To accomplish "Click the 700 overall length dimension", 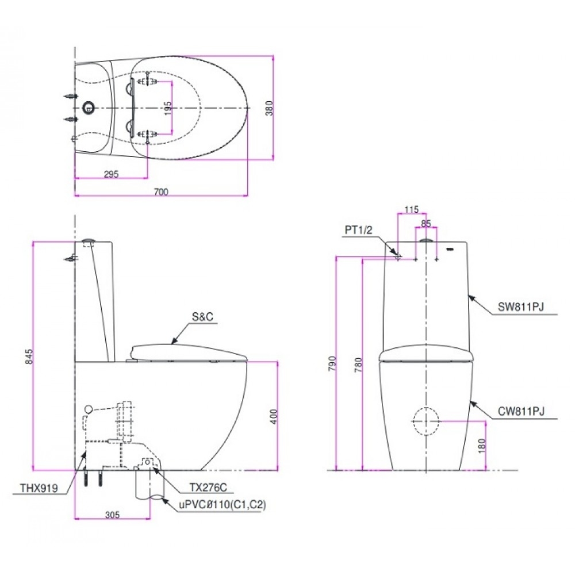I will click(x=161, y=192).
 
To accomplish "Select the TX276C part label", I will click(x=209, y=488).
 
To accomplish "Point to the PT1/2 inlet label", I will click(x=359, y=230).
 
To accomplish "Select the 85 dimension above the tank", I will click(x=426, y=223).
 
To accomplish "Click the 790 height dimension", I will click(x=331, y=365).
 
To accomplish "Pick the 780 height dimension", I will click(x=358, y=365).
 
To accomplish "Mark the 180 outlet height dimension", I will click(x=482, y=444).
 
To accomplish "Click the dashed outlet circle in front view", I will click(x=425, y=421).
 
